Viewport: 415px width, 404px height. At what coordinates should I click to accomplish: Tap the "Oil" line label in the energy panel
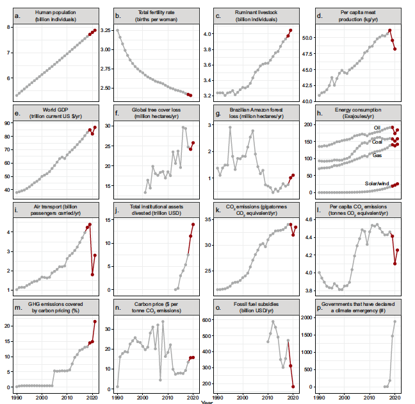[378, 128]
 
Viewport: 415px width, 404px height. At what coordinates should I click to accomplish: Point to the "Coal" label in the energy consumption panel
[377, 142]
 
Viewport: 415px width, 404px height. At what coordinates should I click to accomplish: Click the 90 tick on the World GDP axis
[8, 122]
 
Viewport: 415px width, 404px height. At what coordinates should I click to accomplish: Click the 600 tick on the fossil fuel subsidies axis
[209, 319]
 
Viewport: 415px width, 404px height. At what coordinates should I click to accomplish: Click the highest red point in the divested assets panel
[193, 224]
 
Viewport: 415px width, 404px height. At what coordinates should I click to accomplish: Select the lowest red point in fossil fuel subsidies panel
[293, 387]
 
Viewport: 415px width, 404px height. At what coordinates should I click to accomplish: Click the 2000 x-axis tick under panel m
[42, 398]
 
